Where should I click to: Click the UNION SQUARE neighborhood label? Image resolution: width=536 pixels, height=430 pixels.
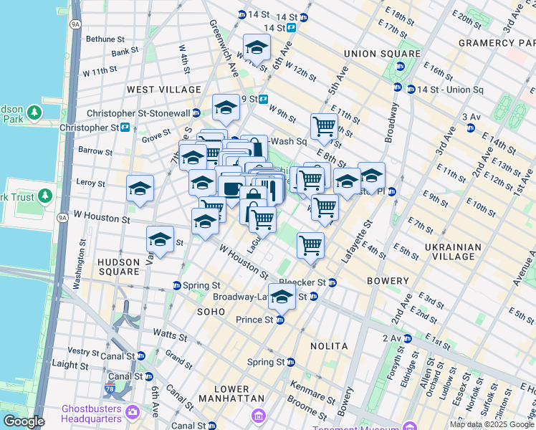click(382, 54)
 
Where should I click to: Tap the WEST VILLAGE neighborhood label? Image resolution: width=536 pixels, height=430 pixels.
click(164, 90)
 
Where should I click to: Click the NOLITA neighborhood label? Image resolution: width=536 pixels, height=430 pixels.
click(329, 346)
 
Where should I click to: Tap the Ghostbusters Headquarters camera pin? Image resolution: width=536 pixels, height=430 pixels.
click(132, 411)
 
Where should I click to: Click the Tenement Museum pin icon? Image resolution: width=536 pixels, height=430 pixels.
click(259, 416)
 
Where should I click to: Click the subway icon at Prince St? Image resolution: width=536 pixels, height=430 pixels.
click(280, 320)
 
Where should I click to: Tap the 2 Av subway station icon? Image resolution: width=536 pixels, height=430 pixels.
click(413, 338)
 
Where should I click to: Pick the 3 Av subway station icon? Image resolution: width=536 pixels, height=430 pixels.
click(470, 128)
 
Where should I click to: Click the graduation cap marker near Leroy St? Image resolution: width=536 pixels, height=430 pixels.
click(140, 189)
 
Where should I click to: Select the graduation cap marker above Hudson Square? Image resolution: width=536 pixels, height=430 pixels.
click(160, 240)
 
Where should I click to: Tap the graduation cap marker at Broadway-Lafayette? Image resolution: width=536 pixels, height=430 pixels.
click(282, 297)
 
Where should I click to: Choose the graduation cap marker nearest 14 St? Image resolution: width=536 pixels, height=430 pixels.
click(257, 48)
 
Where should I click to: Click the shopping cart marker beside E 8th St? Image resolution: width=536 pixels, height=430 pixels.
click(324, 127)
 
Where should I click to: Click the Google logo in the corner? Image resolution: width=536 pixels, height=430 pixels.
click(23, 421)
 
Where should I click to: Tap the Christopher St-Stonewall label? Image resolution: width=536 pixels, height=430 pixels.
click(143, 113)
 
